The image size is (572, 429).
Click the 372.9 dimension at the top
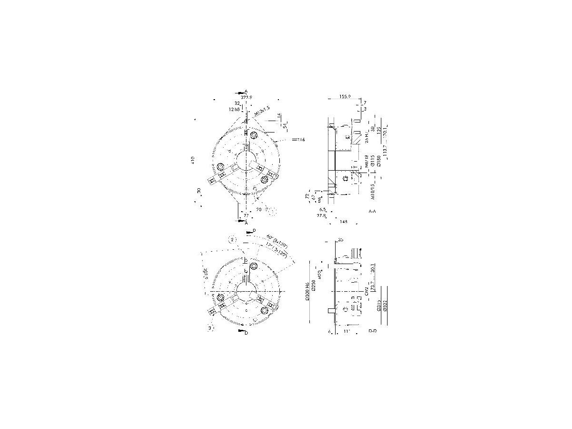pos(246,97)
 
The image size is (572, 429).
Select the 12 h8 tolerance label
pos(234,109)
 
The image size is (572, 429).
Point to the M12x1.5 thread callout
pos(262,112)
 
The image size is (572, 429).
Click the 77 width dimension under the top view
pos(246,216)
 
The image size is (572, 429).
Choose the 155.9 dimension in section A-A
pos(345,97)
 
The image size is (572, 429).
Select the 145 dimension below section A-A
pos(344,221)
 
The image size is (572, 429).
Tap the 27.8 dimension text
pos(321,215)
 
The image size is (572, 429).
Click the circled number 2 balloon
pos(233,239)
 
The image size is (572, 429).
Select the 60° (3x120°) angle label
pos(276,239)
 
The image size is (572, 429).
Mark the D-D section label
pos(373,330)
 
